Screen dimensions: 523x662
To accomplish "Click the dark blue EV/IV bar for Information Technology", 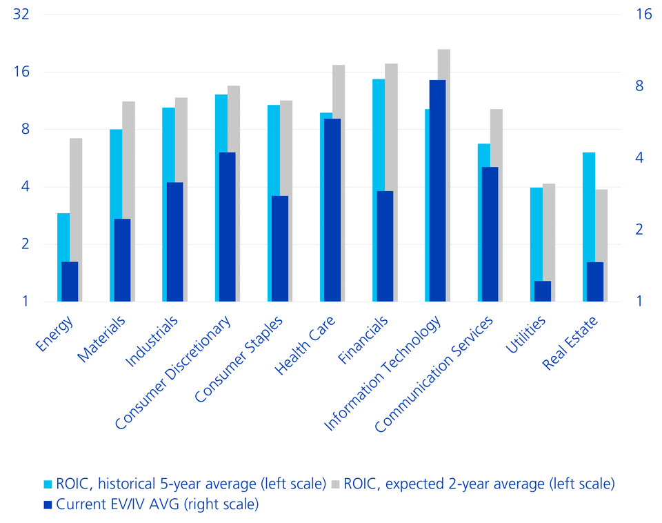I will pyautogui.click(x=437, y=190).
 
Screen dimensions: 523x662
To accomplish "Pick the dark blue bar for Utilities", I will pyautogui.click(x=543, y=290).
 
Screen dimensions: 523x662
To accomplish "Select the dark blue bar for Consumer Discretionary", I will pyautogui.click(x=227, y=226).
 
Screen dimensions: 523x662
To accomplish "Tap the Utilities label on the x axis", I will pyautogui.click(x=526, y=335).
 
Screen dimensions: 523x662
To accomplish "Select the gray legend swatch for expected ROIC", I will pyautogui.click(x=338, y=484).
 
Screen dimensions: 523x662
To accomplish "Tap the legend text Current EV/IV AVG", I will pyautogui.click(x=158, y=504).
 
